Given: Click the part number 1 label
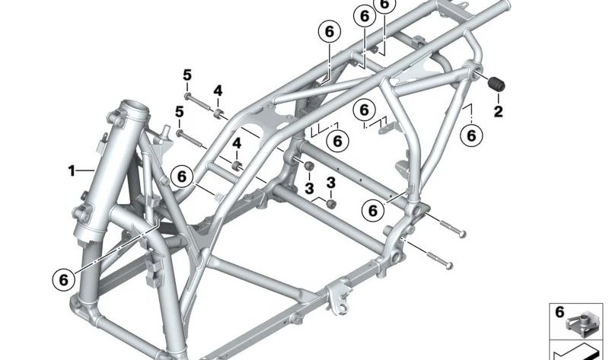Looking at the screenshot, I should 72,171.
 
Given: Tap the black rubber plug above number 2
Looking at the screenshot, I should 499,83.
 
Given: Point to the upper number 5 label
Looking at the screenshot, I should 187,75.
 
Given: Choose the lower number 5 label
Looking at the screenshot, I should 179,112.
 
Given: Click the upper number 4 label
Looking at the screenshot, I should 218,91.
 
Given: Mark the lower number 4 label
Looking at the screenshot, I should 237,143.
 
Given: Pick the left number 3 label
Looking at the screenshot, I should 308,187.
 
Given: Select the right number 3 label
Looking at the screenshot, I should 331,182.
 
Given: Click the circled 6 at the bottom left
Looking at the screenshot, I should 63,280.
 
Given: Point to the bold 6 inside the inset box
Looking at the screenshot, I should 559,312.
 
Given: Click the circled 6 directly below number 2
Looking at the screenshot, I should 472,135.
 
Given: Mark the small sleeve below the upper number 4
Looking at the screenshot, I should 218,115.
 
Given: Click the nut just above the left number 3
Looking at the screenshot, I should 309,167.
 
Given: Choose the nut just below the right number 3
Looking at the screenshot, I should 331,202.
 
